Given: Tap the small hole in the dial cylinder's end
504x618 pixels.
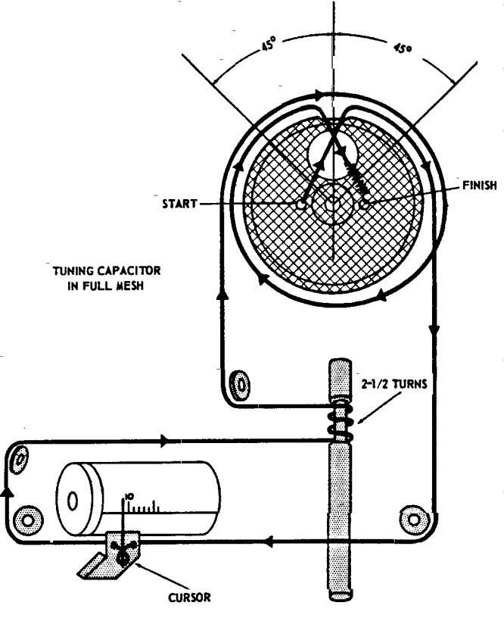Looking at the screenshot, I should (x=73, y=501).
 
